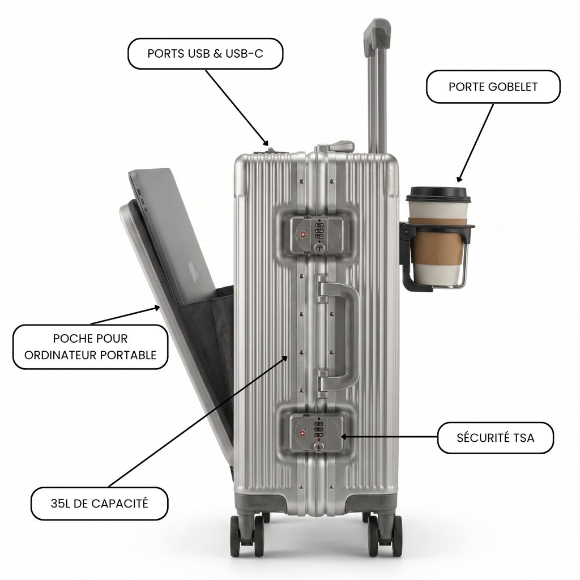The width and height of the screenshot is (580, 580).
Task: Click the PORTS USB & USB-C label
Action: tap(205, 54)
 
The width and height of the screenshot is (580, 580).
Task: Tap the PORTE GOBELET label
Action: tap(493, 87)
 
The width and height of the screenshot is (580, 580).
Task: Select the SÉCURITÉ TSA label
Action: tap(495, 438)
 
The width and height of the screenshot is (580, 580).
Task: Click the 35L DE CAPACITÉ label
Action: tap(99, 504)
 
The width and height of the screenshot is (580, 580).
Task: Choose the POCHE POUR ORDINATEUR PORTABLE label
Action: tap(90, 347)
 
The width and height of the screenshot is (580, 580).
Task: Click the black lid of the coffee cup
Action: tap(438, 195)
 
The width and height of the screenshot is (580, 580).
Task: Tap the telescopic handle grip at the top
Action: tap(377, 36)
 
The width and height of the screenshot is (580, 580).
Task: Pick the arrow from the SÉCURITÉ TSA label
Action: tap(389, 437)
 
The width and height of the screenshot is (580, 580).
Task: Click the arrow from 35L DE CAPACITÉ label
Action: tap(198, 421)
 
